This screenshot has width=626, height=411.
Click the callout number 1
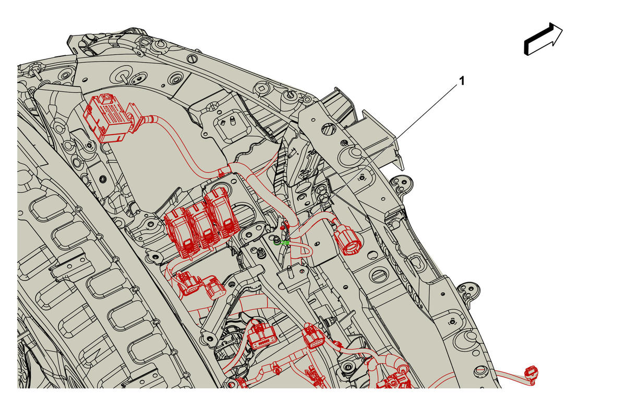tap(462, 81)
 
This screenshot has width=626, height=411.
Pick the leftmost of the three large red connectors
tap(179, 235)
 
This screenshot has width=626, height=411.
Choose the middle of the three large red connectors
tap(201, 227)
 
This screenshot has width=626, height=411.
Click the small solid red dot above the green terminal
tap(282, 228)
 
